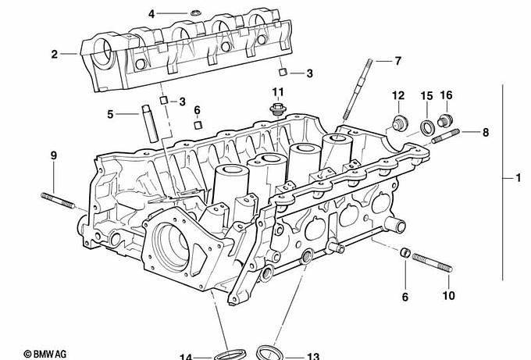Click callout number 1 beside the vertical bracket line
[x=518, y=179]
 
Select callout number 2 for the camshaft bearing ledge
[x=54, y=54]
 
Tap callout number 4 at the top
[x=151, y=13]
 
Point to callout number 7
[x=397, y=60]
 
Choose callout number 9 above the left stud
[x=54, y=155]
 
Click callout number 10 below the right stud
[x=448, y=296]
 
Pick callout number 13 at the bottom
[x=312, y=356]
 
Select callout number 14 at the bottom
[x=186, y=357]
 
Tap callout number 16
[x=446, y=95]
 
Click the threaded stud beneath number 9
[x=58, y=201]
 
